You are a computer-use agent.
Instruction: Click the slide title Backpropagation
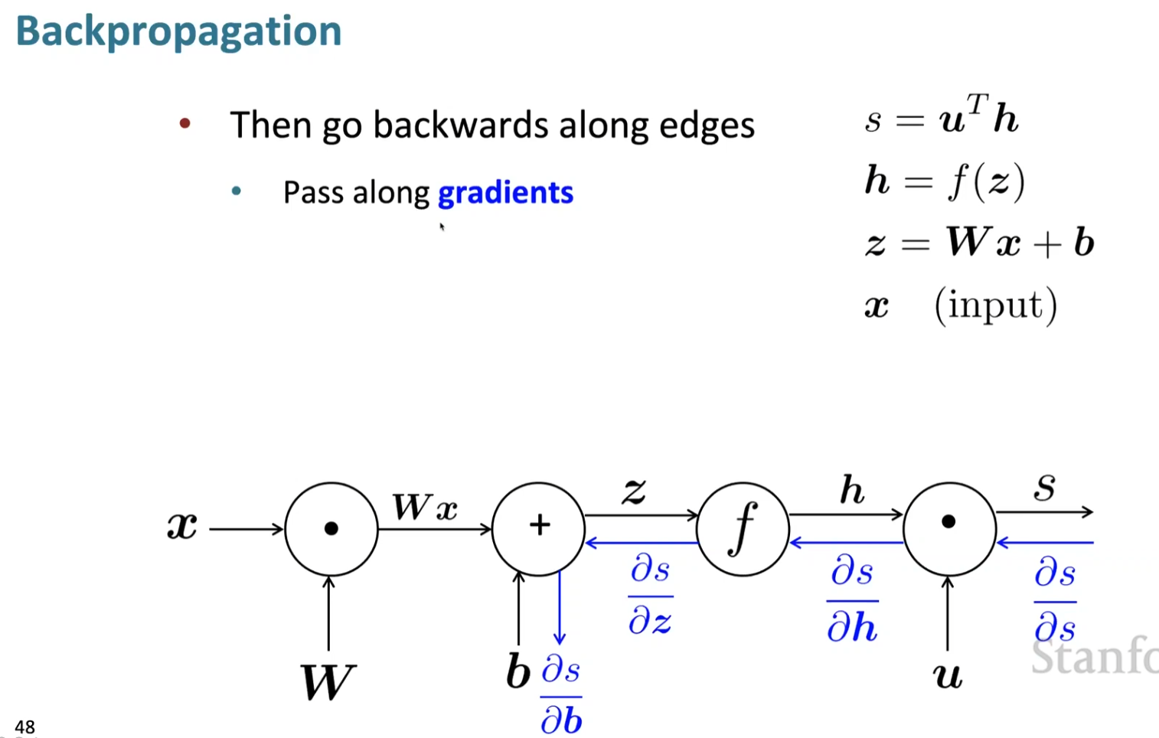pyautogui.click(x=178, y=31)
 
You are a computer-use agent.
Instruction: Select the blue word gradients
pyautogui.click(x=505, y=192)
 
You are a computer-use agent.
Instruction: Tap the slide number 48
pyautogui.click(x=24, y=727)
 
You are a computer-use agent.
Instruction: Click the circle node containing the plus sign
pyautogui.click(x=539, y=528)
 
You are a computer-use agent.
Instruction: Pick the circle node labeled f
pyautogui.click(x=743, y=528)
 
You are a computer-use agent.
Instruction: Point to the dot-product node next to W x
pyautogui.click(x=331, y=528)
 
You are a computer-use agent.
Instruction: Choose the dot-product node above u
pyautogui.click(x=949, y=528)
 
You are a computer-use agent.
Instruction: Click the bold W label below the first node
pyautogui.click(x=328, y=681)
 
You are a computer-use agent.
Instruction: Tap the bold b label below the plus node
pyautogui.click(x=518, y=672)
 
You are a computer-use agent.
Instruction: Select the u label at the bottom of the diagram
pyautogui.click(x=948, y=675)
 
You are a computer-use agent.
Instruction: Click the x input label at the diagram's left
pyautogui.click(x=182, y=527)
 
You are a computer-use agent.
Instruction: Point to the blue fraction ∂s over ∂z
pyautogui.click(x=651, y=596)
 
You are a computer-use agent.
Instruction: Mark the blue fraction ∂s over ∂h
pyautogui.click(x=852, y=599)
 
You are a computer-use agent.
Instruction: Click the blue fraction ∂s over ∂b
pyautogui.click(x=561, y=695)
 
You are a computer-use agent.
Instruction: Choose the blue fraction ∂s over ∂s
pyautogui.click(x=1055, y=600)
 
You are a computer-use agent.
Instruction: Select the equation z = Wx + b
pyautogui.click(x=980, y=243)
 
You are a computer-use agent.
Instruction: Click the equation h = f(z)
pyautogui.click(x=945, y=181)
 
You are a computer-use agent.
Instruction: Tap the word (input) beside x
pyautogui.click(x=995, y=305)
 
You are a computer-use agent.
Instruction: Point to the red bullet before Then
pyautogui.click(x=184, y=123)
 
